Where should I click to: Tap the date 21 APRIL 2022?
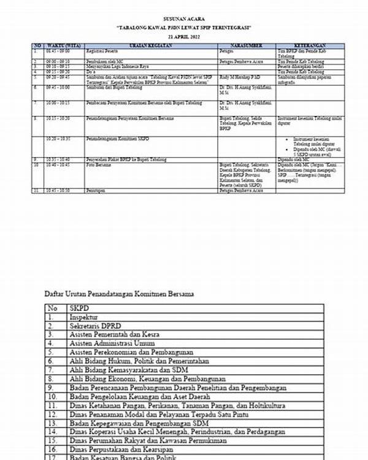coord(184,37)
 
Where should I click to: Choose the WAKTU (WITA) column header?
coord(61,46)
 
